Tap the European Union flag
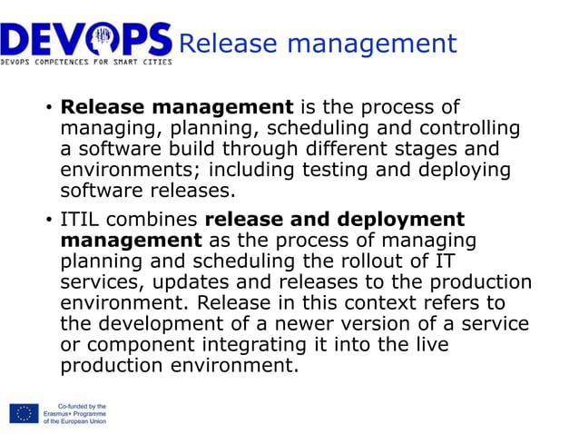pyautogui.click(x=24, y=414)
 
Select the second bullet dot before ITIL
pyautogui.click(x=48, y=221)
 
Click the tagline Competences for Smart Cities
pyautogui.click(x=86, y=63)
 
